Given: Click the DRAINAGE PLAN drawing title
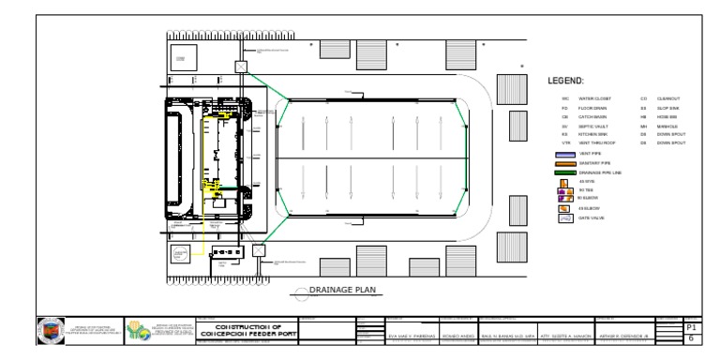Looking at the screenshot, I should pos(343,290).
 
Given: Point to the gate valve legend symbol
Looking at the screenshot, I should pos(565,219).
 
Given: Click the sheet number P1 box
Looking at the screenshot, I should pos(693,327).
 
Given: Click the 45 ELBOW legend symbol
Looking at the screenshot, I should pos(565,207).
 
